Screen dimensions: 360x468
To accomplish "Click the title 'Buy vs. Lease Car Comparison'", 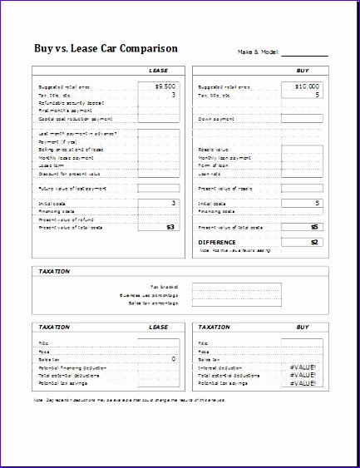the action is [104, 48].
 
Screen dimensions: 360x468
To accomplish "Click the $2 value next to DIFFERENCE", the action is [313, 242].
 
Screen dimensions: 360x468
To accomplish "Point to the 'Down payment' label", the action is [214, 119].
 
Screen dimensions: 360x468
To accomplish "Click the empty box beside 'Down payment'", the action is [299, 119].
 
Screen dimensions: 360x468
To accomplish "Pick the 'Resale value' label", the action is [213, 150].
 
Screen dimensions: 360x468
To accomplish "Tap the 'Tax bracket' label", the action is [160, 286].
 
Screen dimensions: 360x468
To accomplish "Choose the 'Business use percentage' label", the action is [150, 294].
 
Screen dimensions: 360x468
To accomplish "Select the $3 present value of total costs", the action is [170, 226].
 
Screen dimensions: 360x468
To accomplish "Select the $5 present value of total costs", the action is [313, 226].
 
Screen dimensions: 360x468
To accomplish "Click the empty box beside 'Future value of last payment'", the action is [158, 188].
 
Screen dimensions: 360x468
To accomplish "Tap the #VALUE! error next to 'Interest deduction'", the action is [303, 367].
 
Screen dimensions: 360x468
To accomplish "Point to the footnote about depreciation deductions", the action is [129, 399].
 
